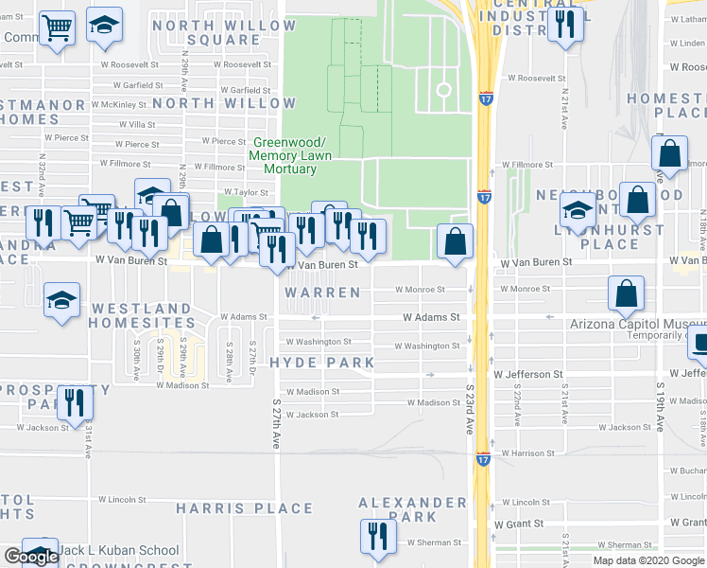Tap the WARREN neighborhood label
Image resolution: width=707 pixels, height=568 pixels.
324,293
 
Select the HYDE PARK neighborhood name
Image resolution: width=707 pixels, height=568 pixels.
321,363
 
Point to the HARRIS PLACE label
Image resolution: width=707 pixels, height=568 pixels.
231,508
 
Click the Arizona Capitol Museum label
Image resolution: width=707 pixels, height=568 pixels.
638,324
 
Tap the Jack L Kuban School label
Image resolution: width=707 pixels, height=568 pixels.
118,550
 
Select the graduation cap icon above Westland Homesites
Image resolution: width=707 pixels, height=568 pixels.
62,300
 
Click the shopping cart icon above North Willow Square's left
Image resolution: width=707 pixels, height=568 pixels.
58,27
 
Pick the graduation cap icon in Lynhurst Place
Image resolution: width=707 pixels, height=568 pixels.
577,210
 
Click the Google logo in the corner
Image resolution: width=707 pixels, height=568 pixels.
30,557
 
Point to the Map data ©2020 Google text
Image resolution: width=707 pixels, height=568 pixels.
648,560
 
